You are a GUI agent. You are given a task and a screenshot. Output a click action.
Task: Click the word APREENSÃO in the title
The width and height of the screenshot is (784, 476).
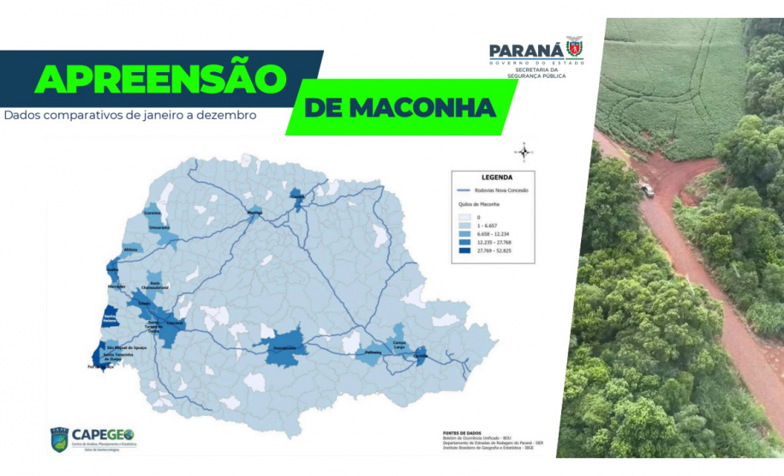tap(159, 79)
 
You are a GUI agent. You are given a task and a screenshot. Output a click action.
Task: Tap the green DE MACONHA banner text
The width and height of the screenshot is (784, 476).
tap(399, 108)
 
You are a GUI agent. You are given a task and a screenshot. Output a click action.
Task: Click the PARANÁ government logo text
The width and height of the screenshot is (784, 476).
tap(525, 51)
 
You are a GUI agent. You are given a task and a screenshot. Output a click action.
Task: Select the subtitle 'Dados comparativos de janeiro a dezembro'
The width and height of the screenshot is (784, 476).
tap(130, 114)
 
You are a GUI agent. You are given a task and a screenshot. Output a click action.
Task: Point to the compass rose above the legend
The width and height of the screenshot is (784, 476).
tap(524, 153)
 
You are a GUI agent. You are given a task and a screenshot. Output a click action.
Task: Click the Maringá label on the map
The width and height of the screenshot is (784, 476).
tap(254, 211)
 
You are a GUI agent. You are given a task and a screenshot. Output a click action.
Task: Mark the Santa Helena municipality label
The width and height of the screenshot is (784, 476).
tap(110, 318)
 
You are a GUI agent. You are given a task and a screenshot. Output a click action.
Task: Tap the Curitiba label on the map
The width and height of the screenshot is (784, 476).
tap(420, 355)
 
